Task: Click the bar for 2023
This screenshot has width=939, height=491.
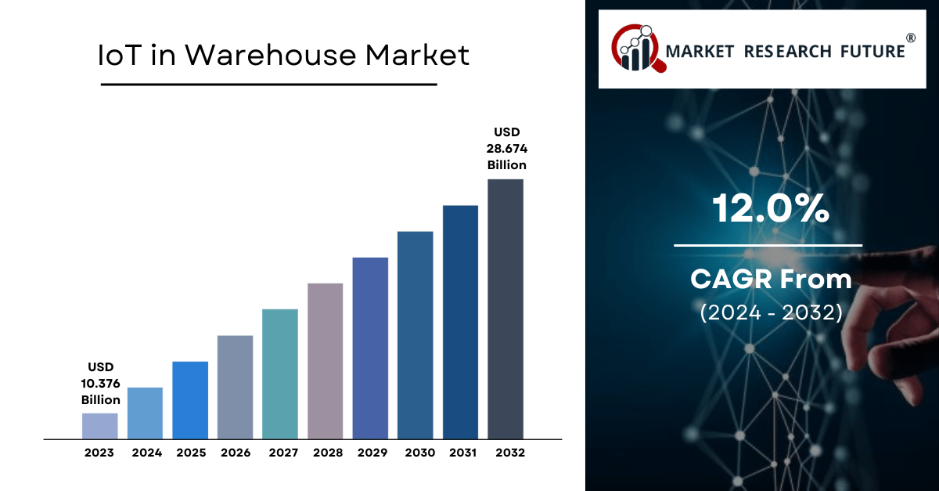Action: (99, 425)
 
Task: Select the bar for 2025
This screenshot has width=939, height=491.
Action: (190, 399)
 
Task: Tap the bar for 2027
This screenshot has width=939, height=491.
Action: (280, 374)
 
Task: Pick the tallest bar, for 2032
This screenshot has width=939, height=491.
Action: (505, 309)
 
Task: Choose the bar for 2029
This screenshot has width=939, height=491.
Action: (370, 348)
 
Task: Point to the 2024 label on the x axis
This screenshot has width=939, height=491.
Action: (146, 453)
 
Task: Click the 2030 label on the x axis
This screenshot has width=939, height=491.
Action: (416, 453)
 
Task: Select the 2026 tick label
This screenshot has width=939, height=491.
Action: (236, 453)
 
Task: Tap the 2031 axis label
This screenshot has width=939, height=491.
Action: (461, 453)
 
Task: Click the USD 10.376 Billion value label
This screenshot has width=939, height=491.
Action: (101, 383)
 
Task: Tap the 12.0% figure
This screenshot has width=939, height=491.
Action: (771, 209)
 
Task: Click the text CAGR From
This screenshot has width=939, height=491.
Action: (771, 279)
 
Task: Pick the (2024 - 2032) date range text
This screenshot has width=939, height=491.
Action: (771, 313)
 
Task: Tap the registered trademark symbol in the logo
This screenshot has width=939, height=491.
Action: (911, 38)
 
